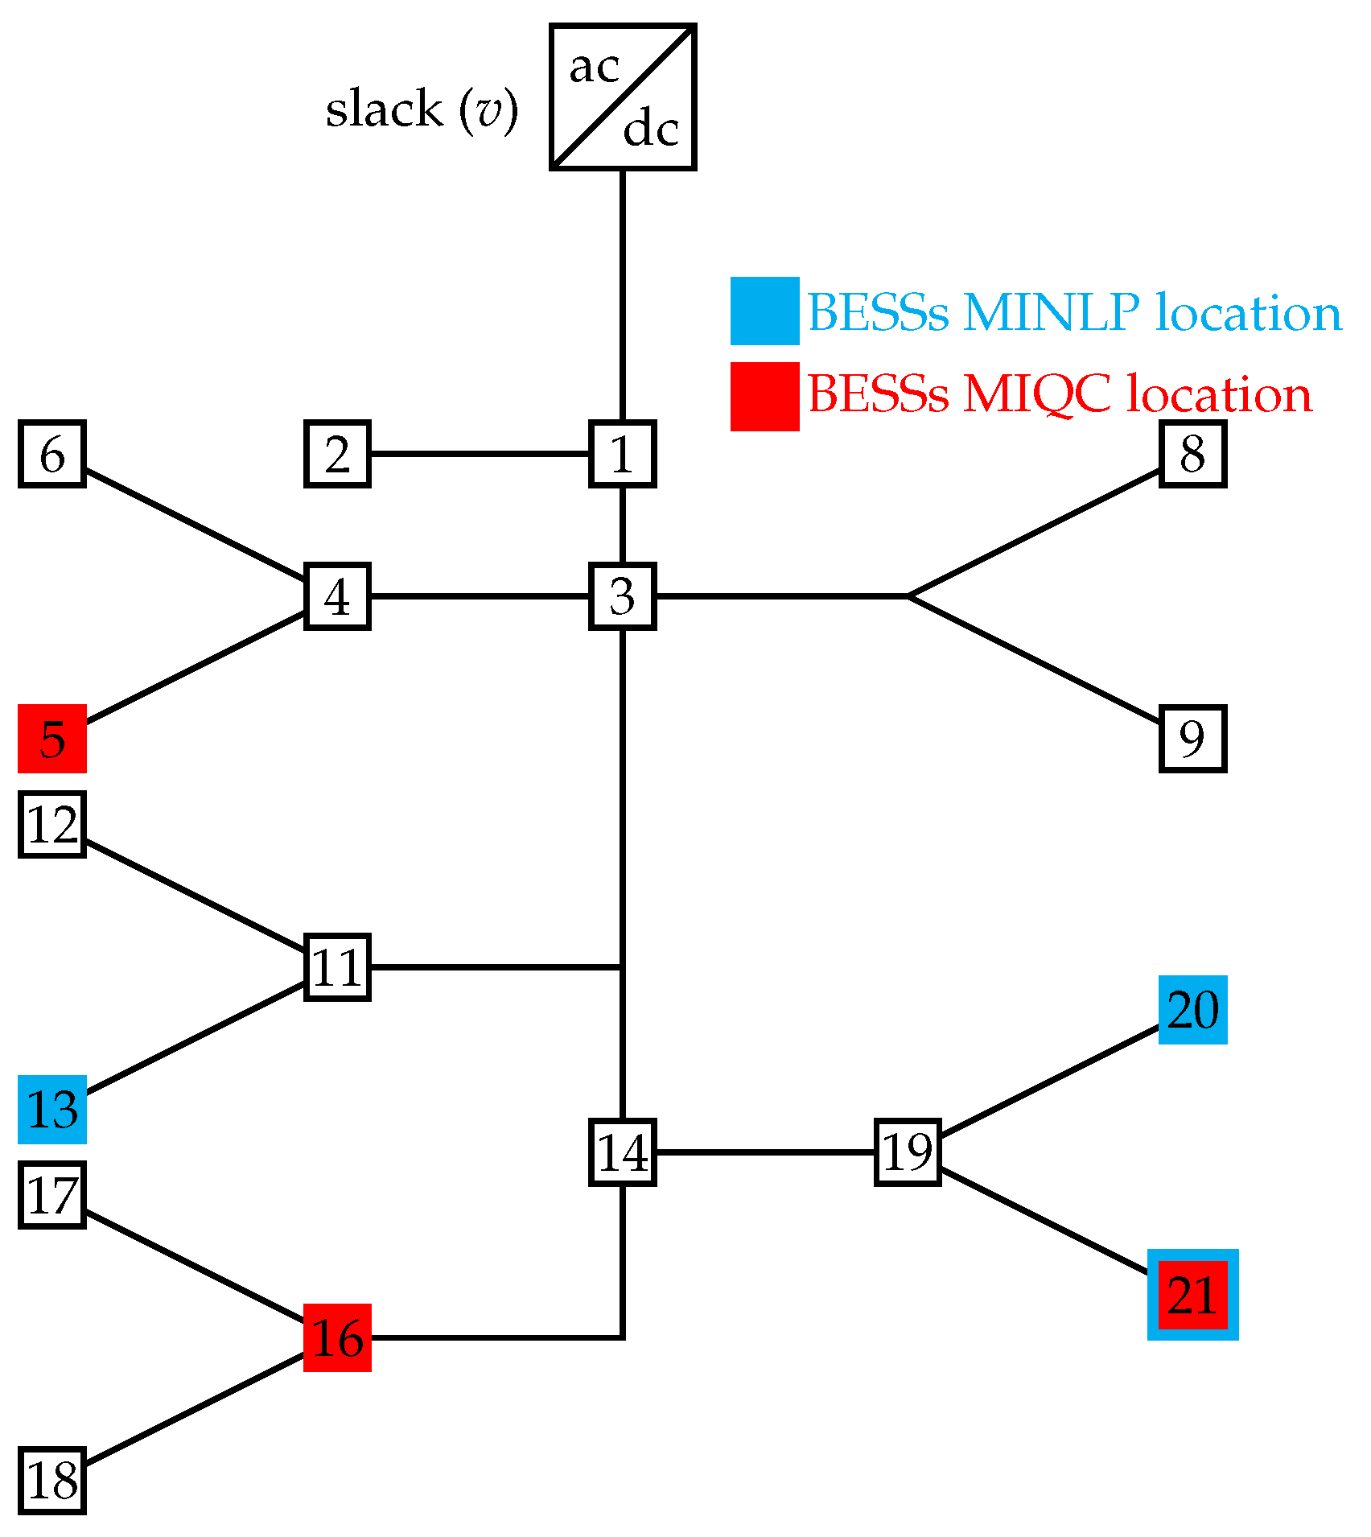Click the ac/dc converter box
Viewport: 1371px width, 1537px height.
click(623, 97)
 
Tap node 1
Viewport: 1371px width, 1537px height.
click(623, 454)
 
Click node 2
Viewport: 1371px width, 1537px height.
click(337, 454)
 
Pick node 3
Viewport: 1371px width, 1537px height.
click(623, 596)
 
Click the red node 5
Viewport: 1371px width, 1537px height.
click(52, 739)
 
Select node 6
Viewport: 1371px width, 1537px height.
click(52, 454)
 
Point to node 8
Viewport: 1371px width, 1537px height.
click(1192, 454)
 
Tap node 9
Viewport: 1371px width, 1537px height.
click(1192, 739)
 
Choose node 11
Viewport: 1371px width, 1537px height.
click(337, 967)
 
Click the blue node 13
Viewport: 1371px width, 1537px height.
click(52, 1110)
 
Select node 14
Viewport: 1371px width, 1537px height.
click(623, 1152)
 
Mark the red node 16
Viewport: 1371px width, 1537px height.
click(337, 1337)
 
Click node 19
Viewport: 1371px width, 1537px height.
click(908, 1152)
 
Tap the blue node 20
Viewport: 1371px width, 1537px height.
click(1192, 1010)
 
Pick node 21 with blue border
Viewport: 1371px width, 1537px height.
click(1192, 1295)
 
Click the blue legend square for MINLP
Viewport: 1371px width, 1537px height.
click(764, 311)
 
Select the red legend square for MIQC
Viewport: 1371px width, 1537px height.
click(764, 396)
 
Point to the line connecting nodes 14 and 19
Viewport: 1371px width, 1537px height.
click(764, 1152)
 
